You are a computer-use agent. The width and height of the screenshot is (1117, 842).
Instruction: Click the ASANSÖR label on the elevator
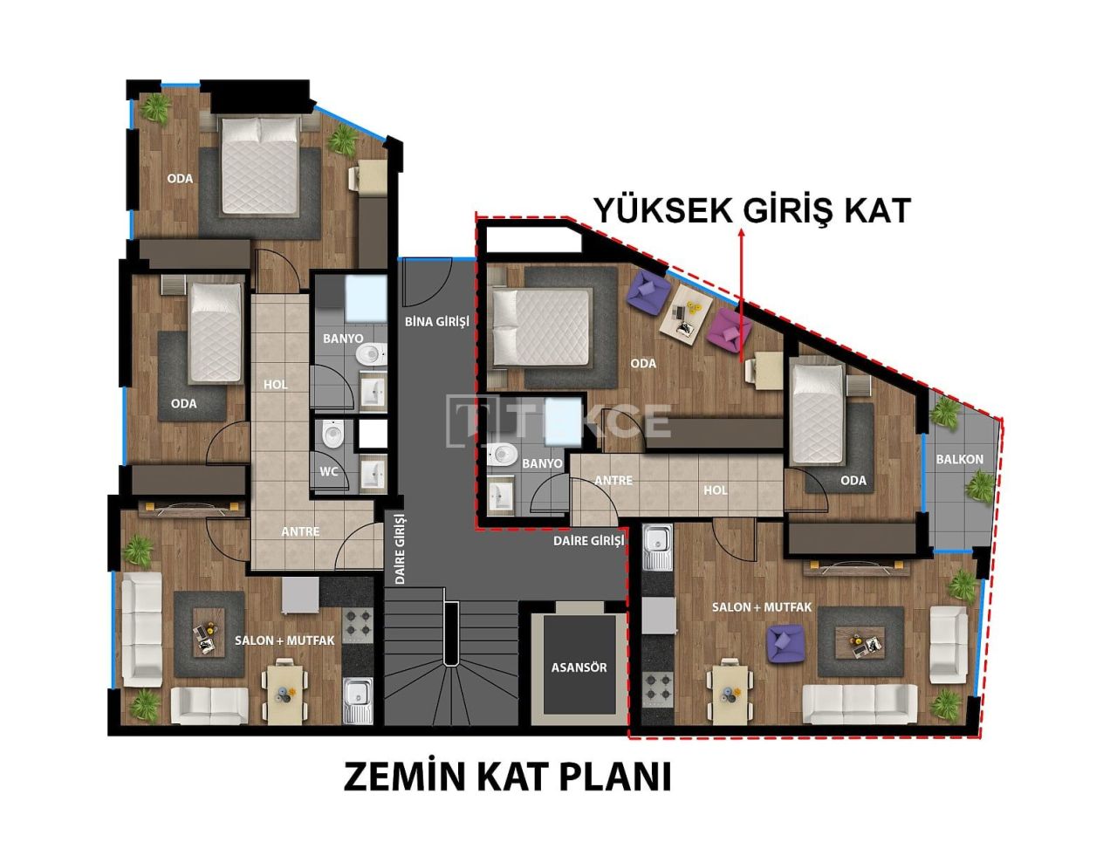click(579, 667)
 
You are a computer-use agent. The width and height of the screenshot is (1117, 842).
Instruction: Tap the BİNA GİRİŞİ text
click(436, 321)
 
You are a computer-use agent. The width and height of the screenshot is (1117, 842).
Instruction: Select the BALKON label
click(959, 459)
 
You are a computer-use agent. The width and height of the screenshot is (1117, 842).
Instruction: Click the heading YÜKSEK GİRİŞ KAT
click(751, 210)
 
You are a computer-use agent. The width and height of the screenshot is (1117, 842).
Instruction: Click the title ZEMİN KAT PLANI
click(507, 776)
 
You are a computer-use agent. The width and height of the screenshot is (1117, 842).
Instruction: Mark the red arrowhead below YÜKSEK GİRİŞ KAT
click(741, 235)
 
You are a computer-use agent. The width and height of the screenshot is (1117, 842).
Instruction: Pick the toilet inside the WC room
click(332, 434)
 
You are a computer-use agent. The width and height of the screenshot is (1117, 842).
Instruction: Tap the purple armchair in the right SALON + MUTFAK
click(785, 642)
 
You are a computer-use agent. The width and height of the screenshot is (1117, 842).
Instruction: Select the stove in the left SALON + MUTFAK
click(358, 625)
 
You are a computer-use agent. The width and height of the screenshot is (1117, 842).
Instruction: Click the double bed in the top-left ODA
click(258, 165)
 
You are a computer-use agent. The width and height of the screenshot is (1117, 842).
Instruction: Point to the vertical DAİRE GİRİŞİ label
click(401, 549)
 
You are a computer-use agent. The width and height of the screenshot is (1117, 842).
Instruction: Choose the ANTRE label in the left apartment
click(300, 531)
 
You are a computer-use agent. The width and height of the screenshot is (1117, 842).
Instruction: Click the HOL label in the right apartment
click(715, 490)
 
